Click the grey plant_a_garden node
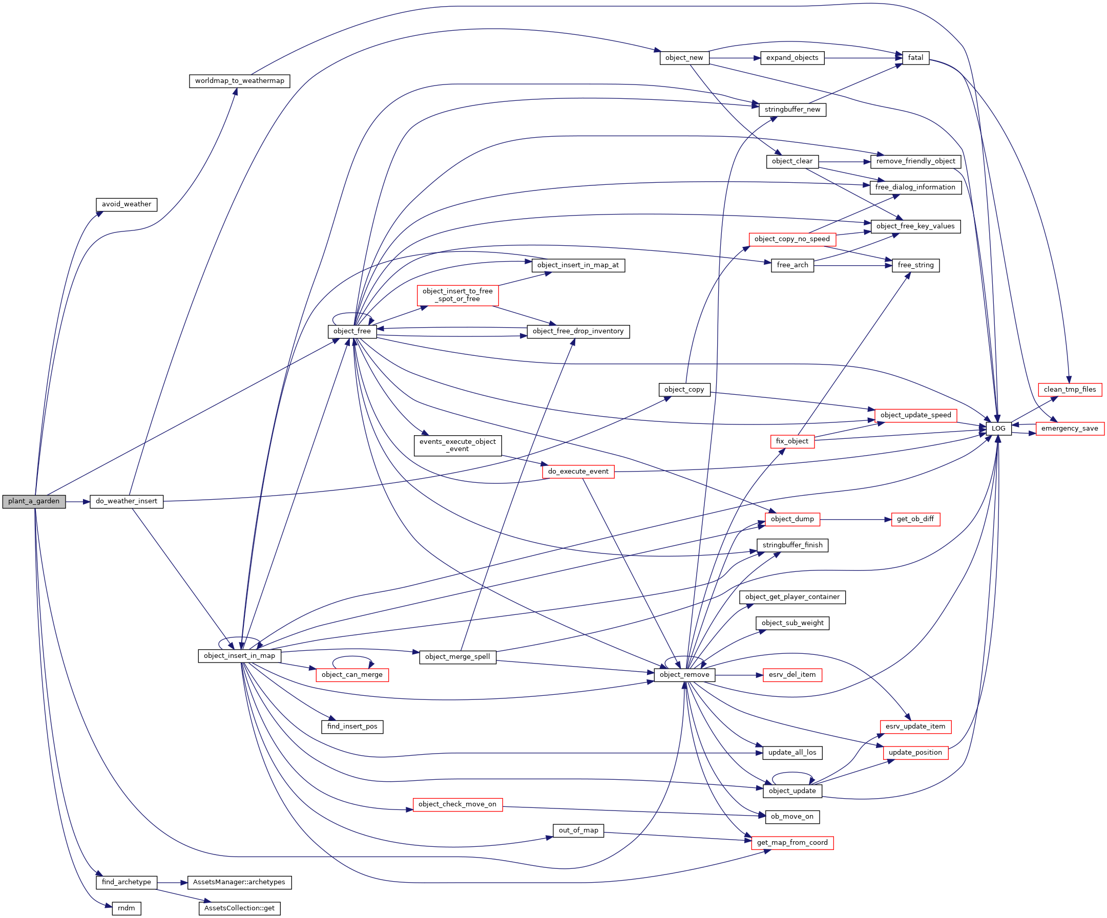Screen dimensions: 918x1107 pyautogui.click(x=34, y=502)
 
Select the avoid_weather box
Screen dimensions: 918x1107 pyautogui.click(x=127, y=204)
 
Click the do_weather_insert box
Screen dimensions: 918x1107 pyautogui.click(x=127, y=502)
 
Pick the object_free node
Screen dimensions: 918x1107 pyautogui.click(x=352, y=331)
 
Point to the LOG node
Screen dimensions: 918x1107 pyautogui.click(x=998, y=429)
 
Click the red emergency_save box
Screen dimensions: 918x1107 pyautogui.click(x=1070, y=429)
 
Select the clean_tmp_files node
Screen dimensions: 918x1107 pyautogui.click(x=1070, y=390)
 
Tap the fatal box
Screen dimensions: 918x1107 pyautogui.click(x=915, y=58)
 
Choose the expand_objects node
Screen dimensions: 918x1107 pyautogui.click(x=792, y=58)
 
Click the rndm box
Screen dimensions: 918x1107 pyautogui.click(x=127, y=908)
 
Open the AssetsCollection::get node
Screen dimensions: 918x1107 pyautogui.click(x=239, y=908)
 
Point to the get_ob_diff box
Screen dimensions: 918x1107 pyautogui.click(x=915, y=519)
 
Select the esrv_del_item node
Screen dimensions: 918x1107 pyautogui.click(x=792, y=674)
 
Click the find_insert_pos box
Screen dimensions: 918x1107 pyautogui.click(x=352, y=726)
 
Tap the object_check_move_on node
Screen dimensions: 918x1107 pyautogui.click(x=457, y=804)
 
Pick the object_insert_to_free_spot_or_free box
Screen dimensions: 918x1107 pyautogui.click(x=457, y=295)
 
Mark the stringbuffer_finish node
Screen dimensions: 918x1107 pyautogui.click(x=792, y=545)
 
